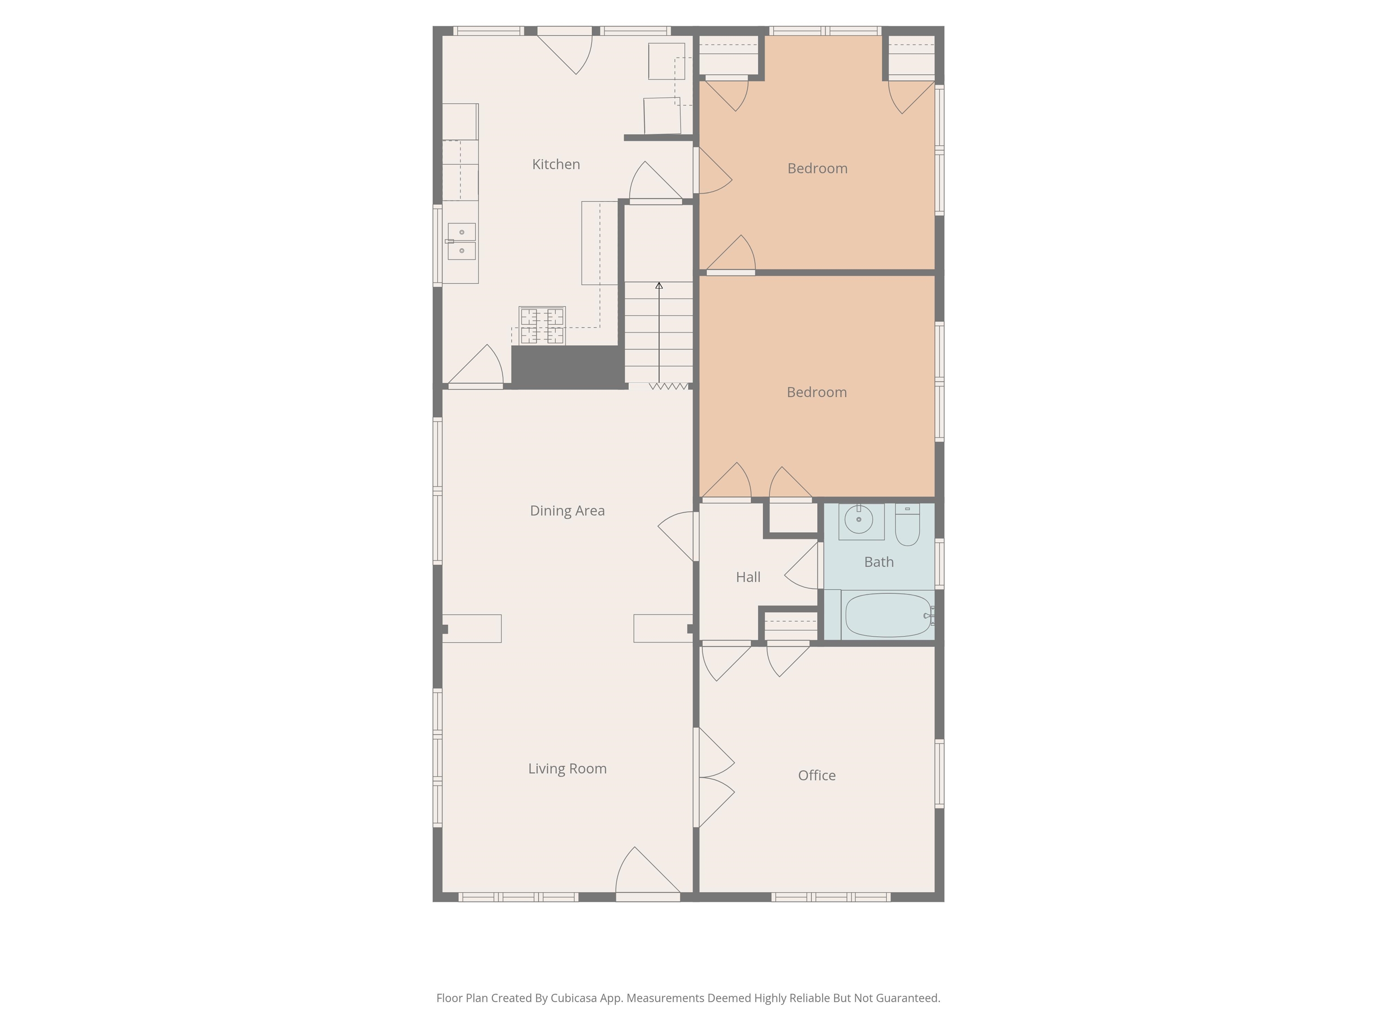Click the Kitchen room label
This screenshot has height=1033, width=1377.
556,165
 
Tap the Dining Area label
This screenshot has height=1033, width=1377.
567,511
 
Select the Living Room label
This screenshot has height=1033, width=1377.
567,768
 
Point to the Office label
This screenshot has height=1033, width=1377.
817,775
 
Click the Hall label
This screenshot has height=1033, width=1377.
748,577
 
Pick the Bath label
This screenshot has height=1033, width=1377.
879,562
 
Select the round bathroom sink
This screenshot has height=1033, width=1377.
859,519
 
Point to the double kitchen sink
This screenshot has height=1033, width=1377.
462,242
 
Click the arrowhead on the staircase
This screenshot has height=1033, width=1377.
658,286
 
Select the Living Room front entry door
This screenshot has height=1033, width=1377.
647,875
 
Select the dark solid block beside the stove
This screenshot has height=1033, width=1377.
567,367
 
